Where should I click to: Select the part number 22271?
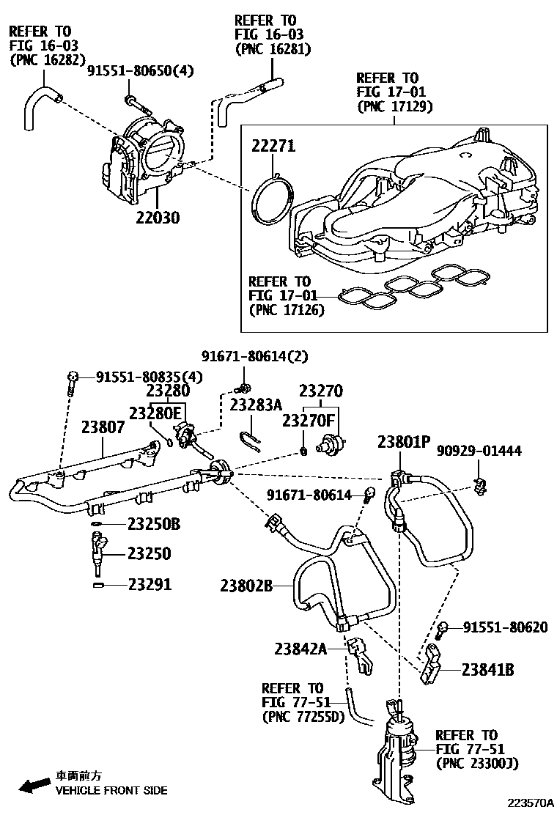pos(273,146)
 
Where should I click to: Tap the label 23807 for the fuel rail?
pos(103,427)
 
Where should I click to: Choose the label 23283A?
pos(255,405)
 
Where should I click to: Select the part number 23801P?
pos(404,442)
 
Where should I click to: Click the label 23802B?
pos(246,585)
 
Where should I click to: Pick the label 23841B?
pos(488,668)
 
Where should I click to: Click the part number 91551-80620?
pos(505,628)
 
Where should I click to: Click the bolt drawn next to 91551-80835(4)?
pos(70,382)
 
